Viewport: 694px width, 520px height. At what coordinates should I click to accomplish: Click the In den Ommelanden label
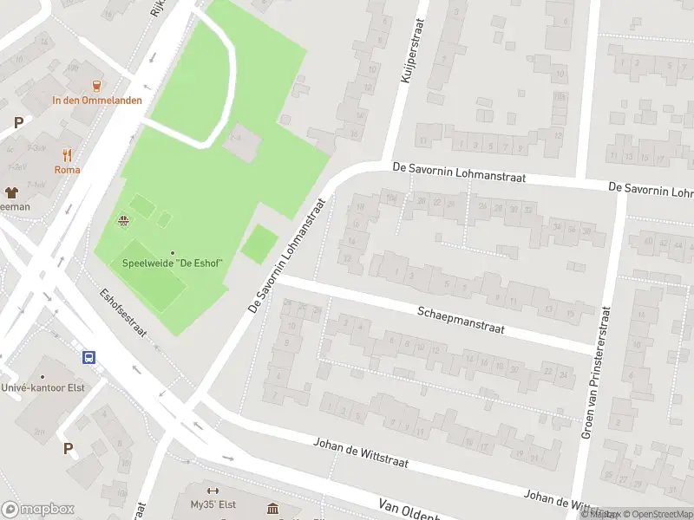pos(96,100)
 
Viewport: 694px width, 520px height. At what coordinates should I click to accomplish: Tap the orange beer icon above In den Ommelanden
pos(96,85)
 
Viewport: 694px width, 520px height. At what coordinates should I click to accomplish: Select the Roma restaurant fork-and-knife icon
pos(67,155)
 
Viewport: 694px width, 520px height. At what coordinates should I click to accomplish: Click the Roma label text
pos(67,170)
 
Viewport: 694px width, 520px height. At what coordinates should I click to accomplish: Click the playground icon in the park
pos(124,220)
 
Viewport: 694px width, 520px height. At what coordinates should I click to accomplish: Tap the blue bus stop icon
pos(88,357)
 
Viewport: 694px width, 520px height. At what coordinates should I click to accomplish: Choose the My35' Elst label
pos(213,504)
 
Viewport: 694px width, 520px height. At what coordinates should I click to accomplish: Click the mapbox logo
pos(38,510)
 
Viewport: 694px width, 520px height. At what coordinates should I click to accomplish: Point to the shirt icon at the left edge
pos(12,192)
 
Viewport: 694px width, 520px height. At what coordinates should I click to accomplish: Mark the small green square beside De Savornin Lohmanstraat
pos(259,244)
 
